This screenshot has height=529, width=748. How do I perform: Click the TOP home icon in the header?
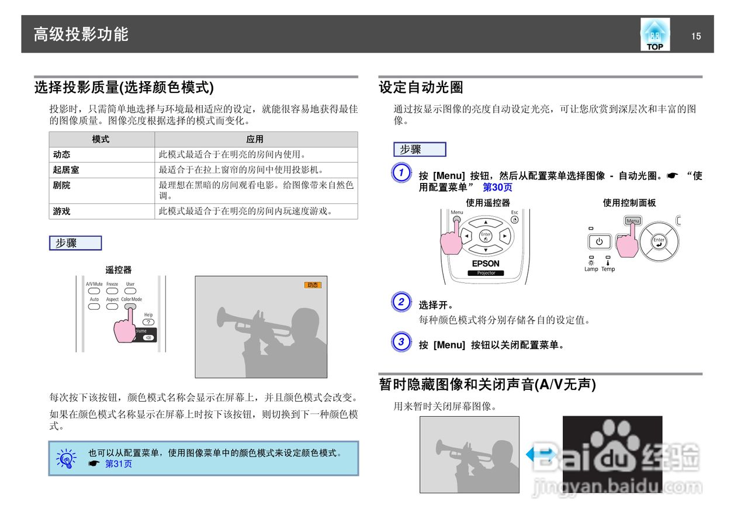pyautogui.click(x=654, y=35)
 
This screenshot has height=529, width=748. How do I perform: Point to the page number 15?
pyautogui.click(x=695, y=36)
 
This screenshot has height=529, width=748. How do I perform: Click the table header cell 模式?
pyautogui.click(x=101, y=139)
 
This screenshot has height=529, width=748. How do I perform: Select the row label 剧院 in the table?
pyautogui.click(x=61, y=185)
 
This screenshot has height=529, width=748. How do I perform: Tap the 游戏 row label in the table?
pyautogui.click(x=61, y=212)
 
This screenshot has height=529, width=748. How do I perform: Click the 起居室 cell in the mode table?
pyautogui.click(x=66, y=170)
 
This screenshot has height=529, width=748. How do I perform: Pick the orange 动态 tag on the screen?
pyautogui.click(x=313, y=285)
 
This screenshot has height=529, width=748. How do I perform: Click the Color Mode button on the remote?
pyautogui.click(x=131, y=306)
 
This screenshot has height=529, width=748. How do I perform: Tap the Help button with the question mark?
pyautogui.click(x=148, y=321)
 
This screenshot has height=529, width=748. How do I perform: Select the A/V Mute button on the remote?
pyautogui.click(x=94, y=291)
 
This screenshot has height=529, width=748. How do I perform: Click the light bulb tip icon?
pyautogui.click(x=66, y=458)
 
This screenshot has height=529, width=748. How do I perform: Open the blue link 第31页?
pyautogui.click(x=118, y=464)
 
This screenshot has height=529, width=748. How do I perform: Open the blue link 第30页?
pyautogui.click(x=497, y=187)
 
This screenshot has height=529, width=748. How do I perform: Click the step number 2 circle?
pyautogui.click(x=401, y=302)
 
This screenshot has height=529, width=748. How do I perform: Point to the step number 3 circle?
pyautogui.click(x=401, y=342)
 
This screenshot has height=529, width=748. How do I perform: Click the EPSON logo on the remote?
pyautogui.click(x=486, y=264)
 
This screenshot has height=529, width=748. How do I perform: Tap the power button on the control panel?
pyautogui.click(x=599, y=241)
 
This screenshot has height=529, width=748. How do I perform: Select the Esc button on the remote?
pyautogui.click(x=514, y=220)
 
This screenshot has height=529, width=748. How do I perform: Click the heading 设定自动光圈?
pyautogui.click(x=421, y=88)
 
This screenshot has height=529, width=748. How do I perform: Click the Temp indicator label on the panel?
pyautogui.click(x=608, y=269)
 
